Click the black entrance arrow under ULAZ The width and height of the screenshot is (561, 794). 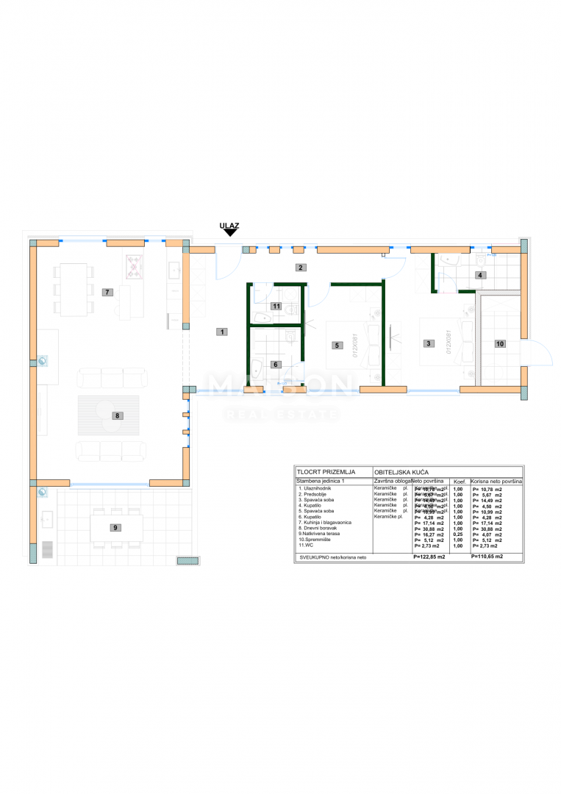click(x=229, y=233)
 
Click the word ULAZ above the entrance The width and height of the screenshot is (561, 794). click(x=229, y=226)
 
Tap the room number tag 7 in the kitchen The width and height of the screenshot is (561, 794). click(x=107, y=292)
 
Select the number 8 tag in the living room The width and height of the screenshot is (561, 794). click(x=116, y=415)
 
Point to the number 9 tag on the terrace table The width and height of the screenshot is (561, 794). click(x=115, y=527)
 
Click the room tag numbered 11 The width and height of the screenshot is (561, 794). click(x=276, y=306)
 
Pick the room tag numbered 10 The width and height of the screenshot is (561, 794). click(x=499, y=343)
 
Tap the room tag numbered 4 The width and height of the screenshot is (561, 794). click(x=480, y=275)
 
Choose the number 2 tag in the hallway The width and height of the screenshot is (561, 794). click(x=300, y=267)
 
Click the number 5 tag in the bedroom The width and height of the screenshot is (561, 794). click(x=336, y=344)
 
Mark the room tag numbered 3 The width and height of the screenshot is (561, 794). click(x=427, y=343)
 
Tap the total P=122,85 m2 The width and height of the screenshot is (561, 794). click(x=432, y=557)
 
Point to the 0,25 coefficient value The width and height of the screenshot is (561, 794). click(x=457, y=534)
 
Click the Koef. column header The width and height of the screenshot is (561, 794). click(x=457, y=481)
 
